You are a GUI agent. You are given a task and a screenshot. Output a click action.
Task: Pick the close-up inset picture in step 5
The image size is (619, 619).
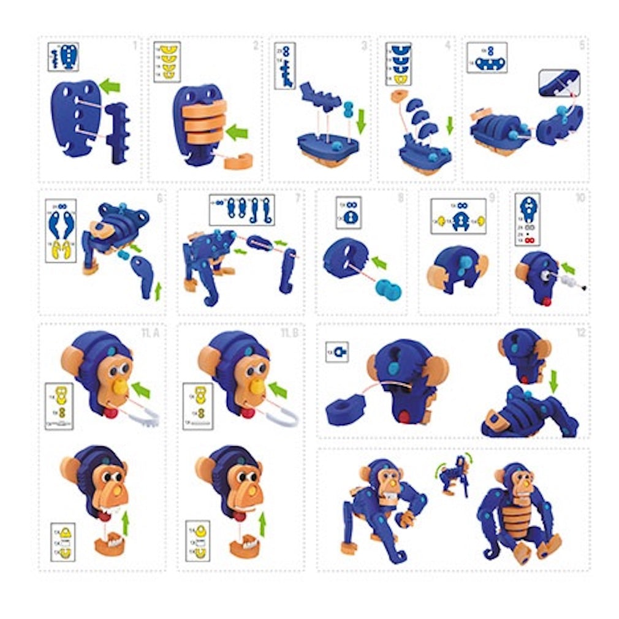click(x=559, y=83)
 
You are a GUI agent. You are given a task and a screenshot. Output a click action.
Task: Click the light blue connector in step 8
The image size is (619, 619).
click(x=389, y=290)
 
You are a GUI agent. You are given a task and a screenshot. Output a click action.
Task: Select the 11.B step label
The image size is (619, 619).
click(x=289, y=333)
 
